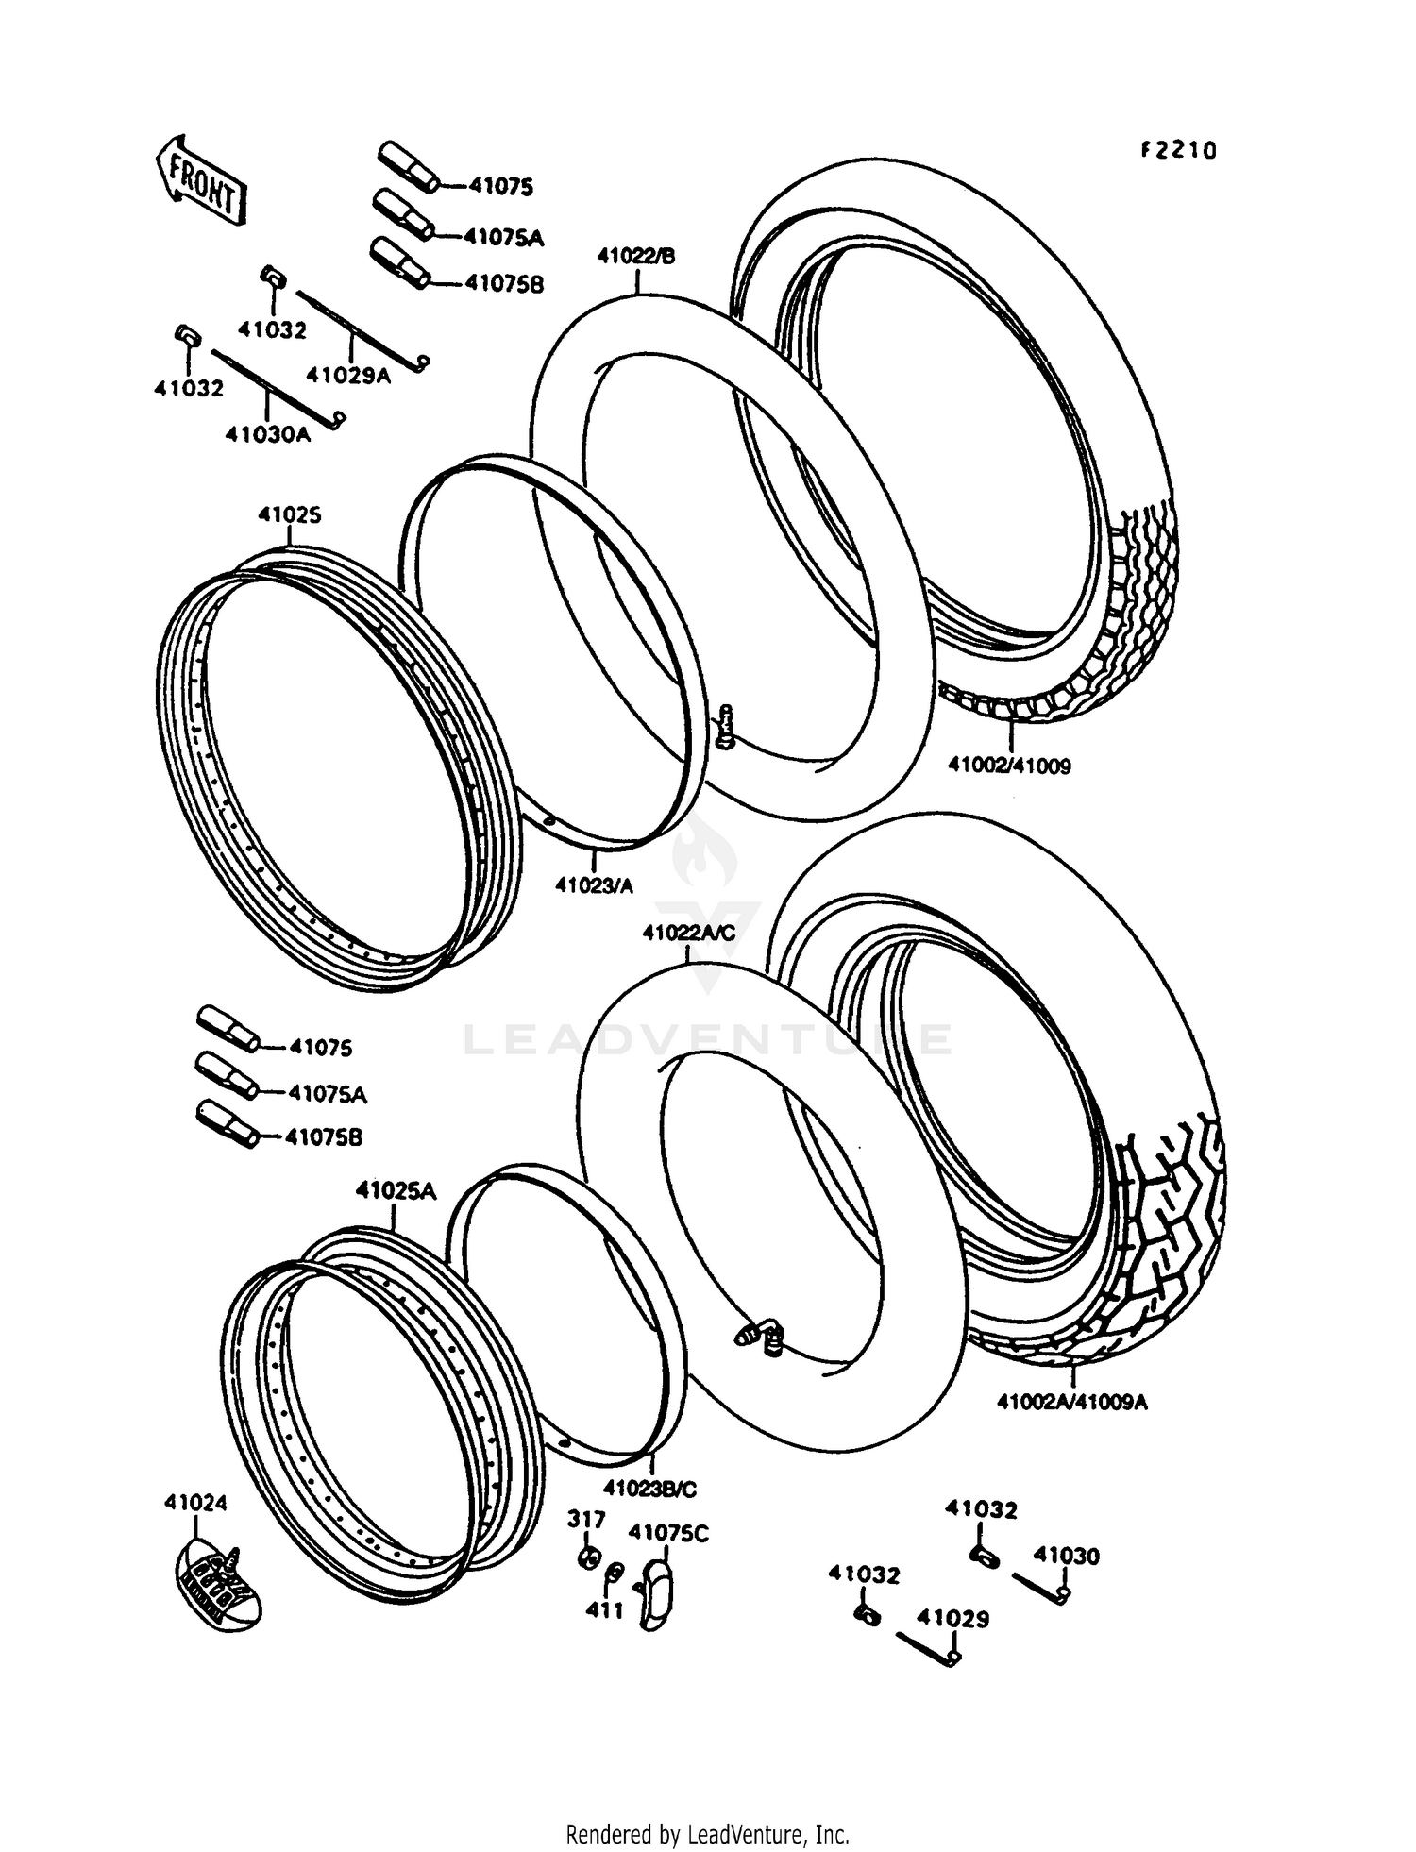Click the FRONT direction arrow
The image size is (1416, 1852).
200,180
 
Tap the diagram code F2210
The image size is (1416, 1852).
1177,150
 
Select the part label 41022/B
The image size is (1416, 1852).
636,256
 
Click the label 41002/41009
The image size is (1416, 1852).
1009,766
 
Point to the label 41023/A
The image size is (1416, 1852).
594,885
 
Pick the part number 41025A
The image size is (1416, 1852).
396,1190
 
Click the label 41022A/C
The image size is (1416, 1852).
688,933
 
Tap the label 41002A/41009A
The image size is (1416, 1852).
1071,1402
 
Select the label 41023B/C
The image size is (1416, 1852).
649,1489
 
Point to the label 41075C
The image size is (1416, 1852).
667,1533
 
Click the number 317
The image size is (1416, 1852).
586,1519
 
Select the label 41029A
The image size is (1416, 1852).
347,375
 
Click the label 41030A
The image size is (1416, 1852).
267,434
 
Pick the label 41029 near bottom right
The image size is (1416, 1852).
953,1619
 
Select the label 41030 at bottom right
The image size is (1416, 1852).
1066,1556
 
